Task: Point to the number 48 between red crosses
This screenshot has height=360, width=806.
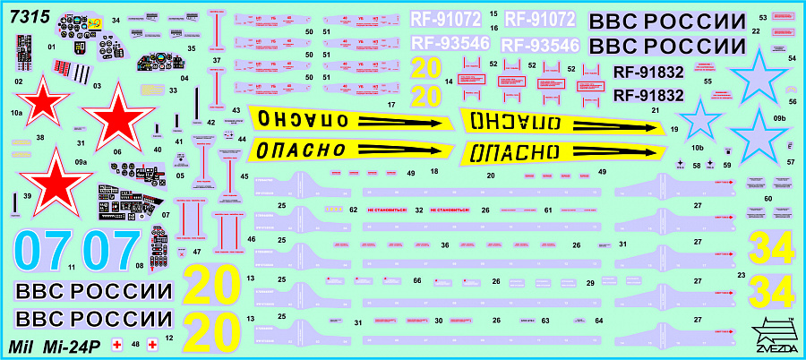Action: [x=135, y=343]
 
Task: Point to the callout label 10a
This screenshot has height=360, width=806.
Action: [x=16, y=114]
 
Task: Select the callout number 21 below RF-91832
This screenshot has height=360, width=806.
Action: [x=656, y=111]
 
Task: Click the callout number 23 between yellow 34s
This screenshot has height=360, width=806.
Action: [x=741, y=275]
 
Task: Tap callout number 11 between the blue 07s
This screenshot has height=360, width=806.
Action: [x=72, y=267]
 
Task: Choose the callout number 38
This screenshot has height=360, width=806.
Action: [x=40, y=138]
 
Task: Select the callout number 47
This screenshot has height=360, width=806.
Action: [x=196, y=252]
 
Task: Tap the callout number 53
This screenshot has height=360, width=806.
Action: [x=762, y=17]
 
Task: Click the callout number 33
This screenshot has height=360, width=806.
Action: [x=173, y=90]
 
